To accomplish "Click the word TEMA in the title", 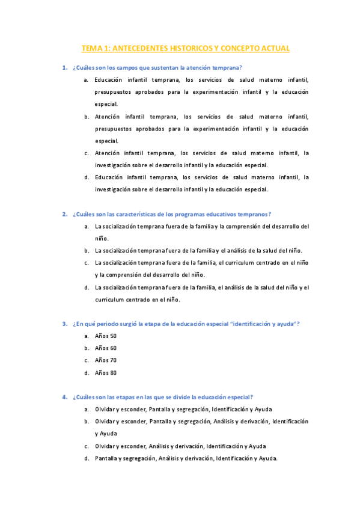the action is point(92,48).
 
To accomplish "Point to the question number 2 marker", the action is point(64,214).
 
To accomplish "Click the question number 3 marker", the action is point(64,324).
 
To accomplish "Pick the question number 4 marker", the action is point(64,397).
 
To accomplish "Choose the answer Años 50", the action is point(105,336).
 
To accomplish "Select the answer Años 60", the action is point(105,348).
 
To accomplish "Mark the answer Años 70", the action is point(105,360).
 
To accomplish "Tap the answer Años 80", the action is point(105,373).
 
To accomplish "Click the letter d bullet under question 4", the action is point(87,458).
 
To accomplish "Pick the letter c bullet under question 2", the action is point(87,263).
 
